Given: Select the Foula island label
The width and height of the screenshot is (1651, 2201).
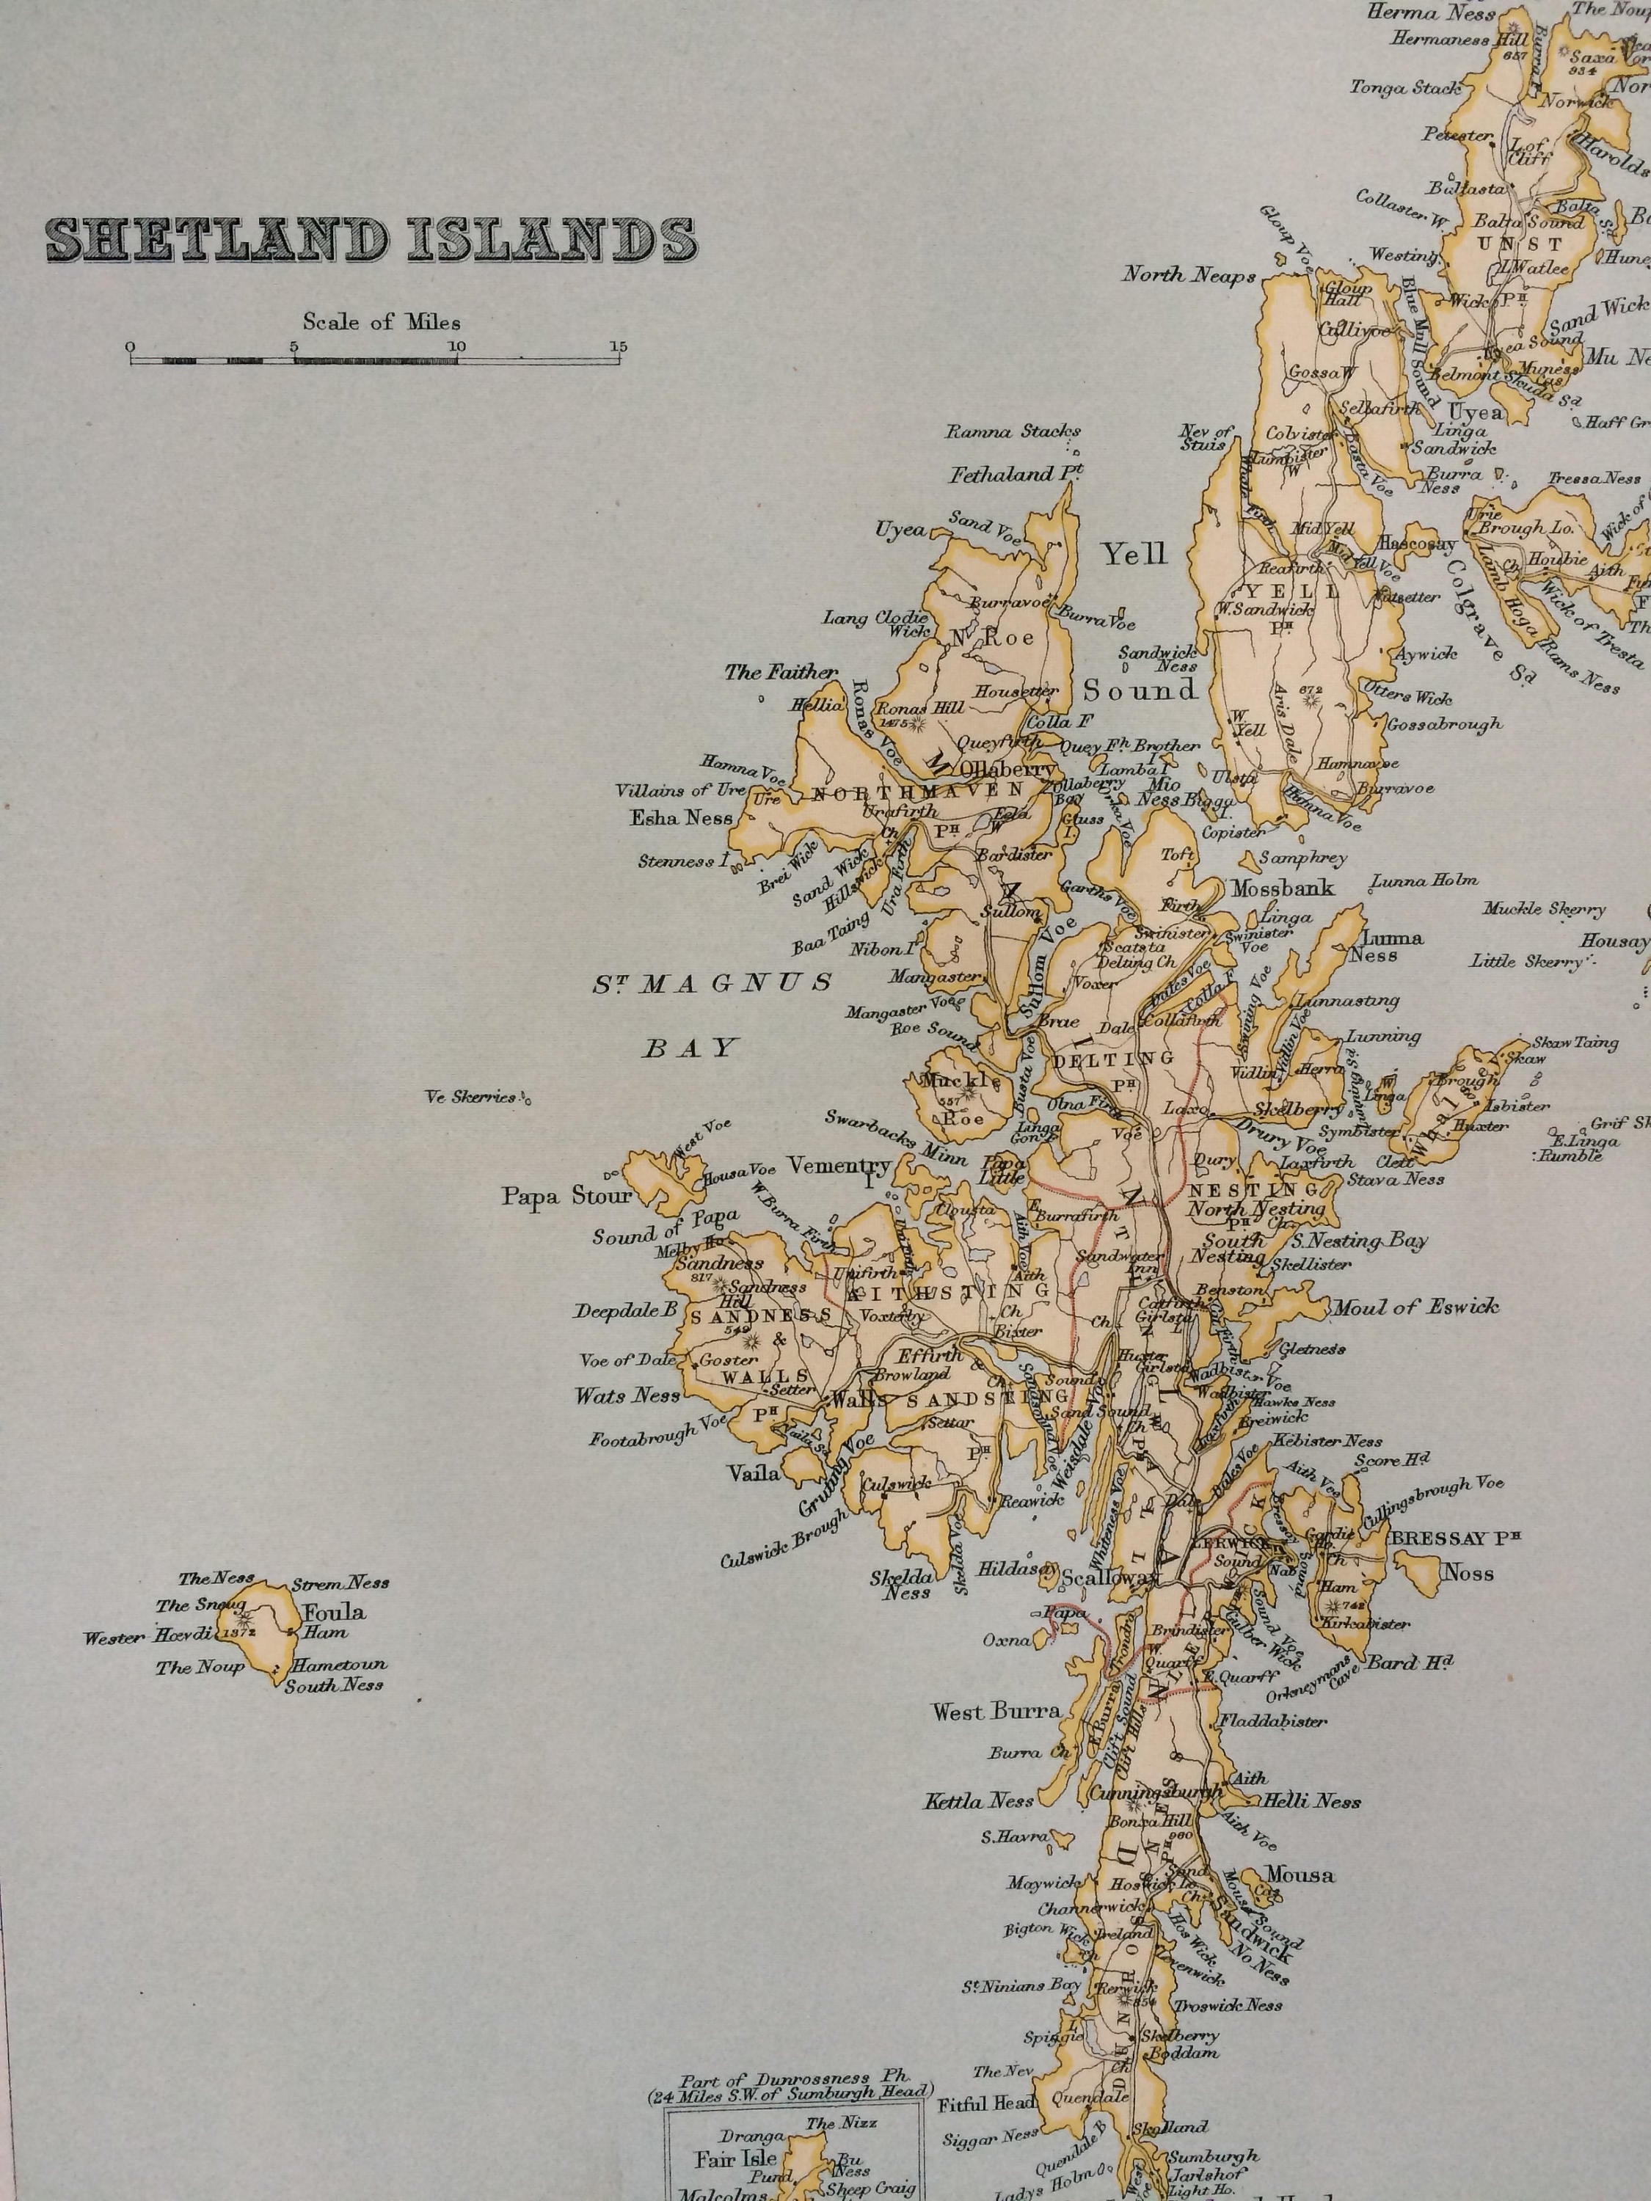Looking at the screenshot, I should tap(335, 1612).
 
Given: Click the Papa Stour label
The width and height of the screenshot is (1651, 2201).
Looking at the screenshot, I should tap(566, 1196).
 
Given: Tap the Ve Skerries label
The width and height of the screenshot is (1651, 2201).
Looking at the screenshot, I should tap(472, 1098).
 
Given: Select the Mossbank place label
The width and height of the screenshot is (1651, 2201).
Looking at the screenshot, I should tap(1282, 888).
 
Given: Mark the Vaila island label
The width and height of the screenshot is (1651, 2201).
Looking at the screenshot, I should tap(754, 1475).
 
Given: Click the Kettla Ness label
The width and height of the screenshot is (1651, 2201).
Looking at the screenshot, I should tap(980, 1801).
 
